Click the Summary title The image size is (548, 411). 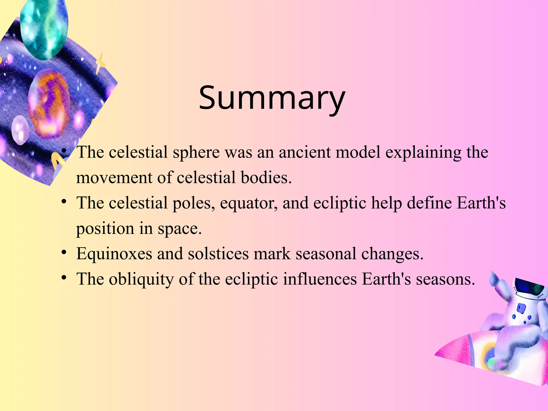[x=272, y=98]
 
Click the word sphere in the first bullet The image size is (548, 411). [x=196, y=153]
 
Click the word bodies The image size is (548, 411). [x=266, y=178]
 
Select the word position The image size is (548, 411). [x=105, y=229]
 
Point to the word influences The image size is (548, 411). [x=320, y=279]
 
